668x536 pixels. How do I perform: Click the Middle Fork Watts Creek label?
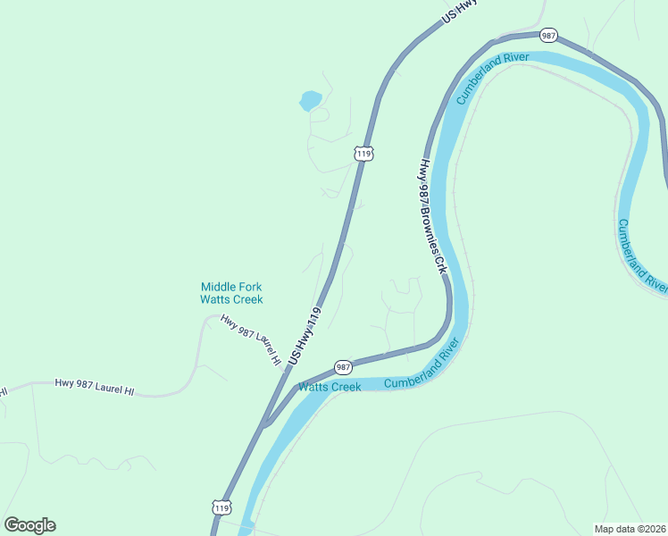pos(231,293)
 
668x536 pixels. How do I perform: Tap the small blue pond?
pos(311,100)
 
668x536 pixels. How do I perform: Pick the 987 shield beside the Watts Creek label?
pos(344,367)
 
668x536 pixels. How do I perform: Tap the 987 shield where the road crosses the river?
pos(549,36)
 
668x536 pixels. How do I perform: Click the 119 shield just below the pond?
pos(363,154)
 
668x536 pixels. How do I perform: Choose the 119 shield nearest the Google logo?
pos(222,507)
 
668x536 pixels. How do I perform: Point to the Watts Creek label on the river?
pos(330,387)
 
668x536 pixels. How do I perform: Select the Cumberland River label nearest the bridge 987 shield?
pos(492,79)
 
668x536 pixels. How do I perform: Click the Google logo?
pos(29,525)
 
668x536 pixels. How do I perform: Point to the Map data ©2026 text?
pos(630,529)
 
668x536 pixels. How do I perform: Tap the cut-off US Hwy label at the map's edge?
pos(461,11)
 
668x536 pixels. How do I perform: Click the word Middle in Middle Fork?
pos(218,287)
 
